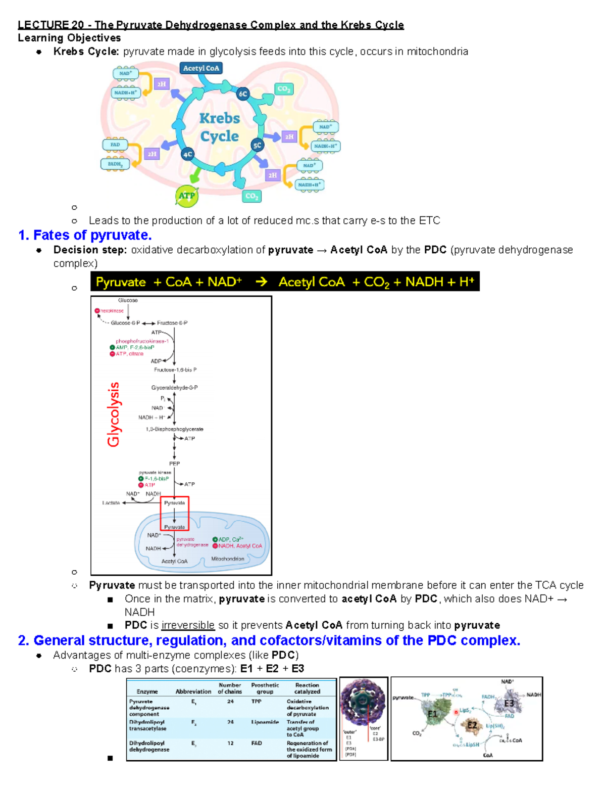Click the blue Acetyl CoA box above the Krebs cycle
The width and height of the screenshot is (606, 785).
click(x=201, y=68)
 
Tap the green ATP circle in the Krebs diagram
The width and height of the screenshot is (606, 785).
click(x=186, y=196)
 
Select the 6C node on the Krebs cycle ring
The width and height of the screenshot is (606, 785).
click(x=243, y=94)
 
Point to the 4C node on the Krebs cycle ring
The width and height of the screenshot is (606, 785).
click(x=188, y=155)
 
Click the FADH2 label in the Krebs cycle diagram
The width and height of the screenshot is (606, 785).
click(x=115, y=164)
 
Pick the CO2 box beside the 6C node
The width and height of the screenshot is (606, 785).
click(x=283, y=89)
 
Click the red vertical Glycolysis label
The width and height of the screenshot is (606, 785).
click(x=114, y=414)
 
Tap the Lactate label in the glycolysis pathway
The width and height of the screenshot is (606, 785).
click(x=111, y=503)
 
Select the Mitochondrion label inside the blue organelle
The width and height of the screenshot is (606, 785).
click(x=227, y=559)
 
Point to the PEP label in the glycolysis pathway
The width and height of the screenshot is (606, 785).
click(x=174, y=463)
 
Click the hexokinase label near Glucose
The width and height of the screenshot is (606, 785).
click(x=112, y=311)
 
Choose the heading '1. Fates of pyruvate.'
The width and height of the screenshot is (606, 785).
click(x=85, y=235)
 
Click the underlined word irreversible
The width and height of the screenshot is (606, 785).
click(x=188, y=625)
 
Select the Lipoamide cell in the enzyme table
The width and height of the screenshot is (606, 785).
click(x=265, y=722)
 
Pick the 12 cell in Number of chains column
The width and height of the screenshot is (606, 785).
click(x=230, y=743)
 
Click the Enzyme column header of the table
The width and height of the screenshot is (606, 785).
click(x=147, y=691)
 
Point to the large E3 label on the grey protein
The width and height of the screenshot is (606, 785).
click(x=509, y=703)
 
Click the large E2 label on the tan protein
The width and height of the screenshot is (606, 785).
click(x=472, y=725)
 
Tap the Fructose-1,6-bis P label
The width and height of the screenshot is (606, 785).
click(x=175, y=370)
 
